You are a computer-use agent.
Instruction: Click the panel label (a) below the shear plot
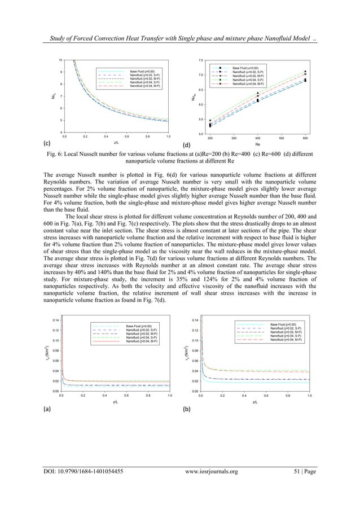click(x=49, y=410)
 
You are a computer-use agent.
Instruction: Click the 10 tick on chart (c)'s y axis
click(x=60, y=59)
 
